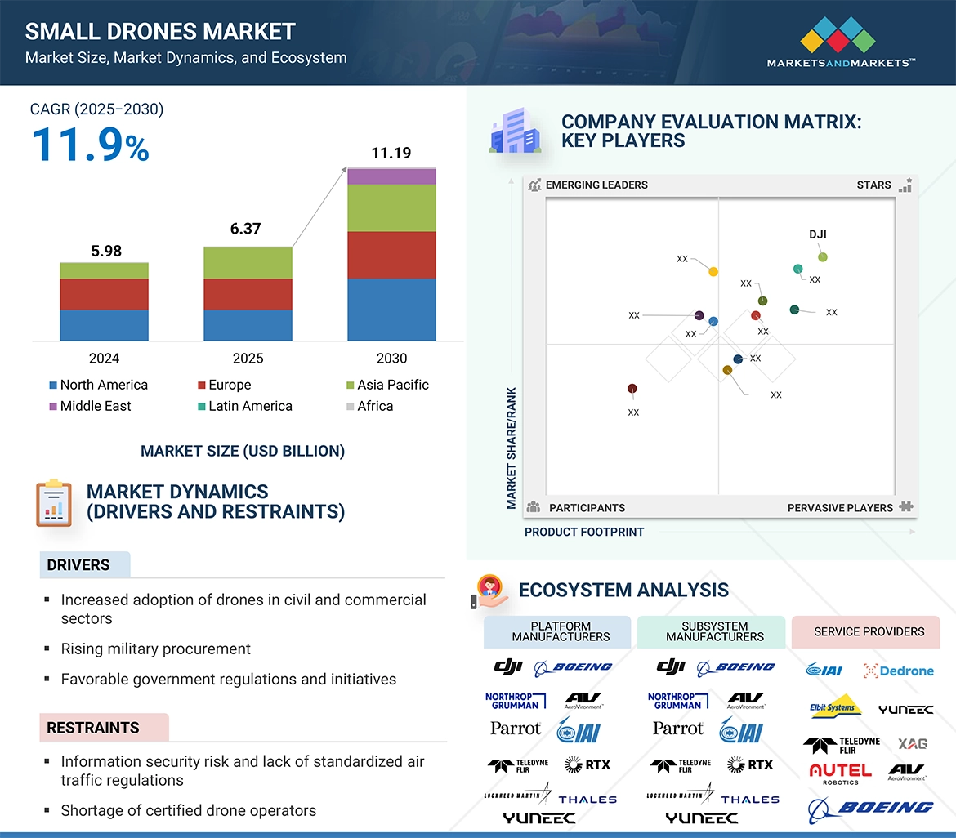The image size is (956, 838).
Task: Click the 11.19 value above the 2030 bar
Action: tap(391, 153)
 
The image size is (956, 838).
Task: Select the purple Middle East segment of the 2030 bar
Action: tap(391, 176)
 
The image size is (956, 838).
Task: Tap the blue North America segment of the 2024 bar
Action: tap(104, 325)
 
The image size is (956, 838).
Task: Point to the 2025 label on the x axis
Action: tap(248, 359)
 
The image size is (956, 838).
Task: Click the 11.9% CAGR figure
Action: tap(90, 145)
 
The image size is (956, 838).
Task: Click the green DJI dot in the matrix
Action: tap(823, 257)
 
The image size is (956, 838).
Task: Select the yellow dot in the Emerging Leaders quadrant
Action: tap(713, 271)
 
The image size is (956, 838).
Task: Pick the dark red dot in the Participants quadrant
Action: tap(632, 389)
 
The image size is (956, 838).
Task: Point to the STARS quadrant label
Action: tap(873, 185)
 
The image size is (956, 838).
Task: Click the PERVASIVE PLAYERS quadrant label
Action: tap(840, 507)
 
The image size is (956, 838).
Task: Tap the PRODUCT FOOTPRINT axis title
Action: tap(584, 532)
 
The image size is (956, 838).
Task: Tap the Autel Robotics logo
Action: tap(840, 773)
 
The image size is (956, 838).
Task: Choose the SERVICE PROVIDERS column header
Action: tap(869, 631)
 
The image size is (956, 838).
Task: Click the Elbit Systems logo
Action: tap(833, 708)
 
